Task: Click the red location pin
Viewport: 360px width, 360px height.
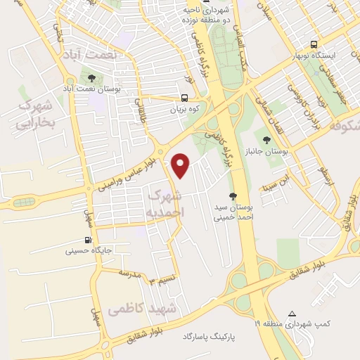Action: click(x=181, y=165)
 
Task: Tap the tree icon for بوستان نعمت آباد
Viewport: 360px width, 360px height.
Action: click(x=91, y=77)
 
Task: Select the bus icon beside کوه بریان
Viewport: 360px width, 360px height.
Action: click(x=184, y=98)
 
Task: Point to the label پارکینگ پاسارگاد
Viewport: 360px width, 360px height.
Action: click(x=211, y=337)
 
